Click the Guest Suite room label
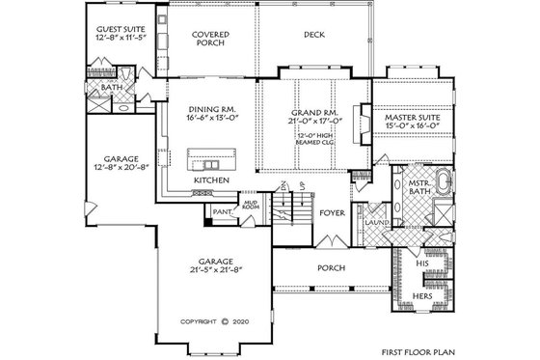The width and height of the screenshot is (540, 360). [120, 30]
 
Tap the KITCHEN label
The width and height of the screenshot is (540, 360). [210, 180]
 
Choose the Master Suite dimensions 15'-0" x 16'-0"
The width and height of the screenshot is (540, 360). [412, 123]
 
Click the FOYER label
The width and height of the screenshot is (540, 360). [333, 213]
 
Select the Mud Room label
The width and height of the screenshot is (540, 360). [250, 204]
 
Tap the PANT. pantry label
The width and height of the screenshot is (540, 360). [221, 210]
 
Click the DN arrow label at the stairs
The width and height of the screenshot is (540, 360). [283, 185]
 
